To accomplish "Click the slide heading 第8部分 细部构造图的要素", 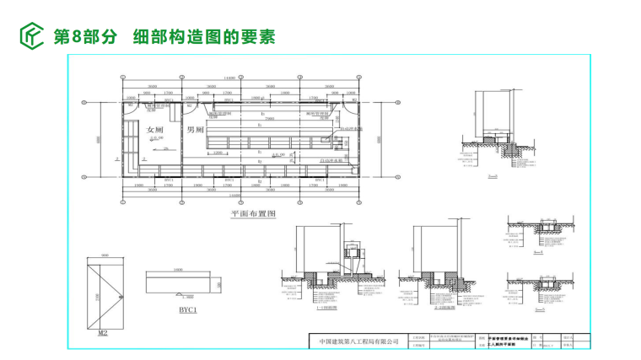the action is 164,37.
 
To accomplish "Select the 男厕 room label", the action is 196,131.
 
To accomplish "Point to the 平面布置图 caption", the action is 254,215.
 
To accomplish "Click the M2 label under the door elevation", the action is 103,332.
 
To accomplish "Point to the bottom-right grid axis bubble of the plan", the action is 362,203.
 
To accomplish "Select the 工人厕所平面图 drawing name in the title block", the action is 508,345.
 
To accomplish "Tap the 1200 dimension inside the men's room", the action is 217,153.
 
